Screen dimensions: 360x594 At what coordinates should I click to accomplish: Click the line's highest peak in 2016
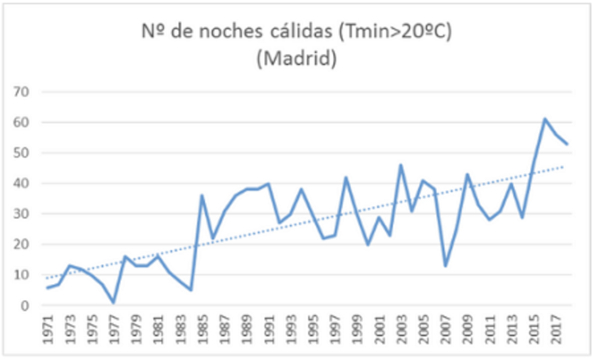click(x=544, y=119)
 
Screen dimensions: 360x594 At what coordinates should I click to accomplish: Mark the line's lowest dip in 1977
click(x=114, y=302)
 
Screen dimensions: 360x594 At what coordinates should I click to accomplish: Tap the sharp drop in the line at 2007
click(x=445, y=265)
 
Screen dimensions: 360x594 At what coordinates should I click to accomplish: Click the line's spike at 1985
click(x=202, y=195)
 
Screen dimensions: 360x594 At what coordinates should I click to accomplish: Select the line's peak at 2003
click(x=401, y=165)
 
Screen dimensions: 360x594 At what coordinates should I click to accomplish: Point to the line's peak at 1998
click(x=346, y=177)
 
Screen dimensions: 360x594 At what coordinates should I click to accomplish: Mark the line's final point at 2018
click(x=566, y=143)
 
